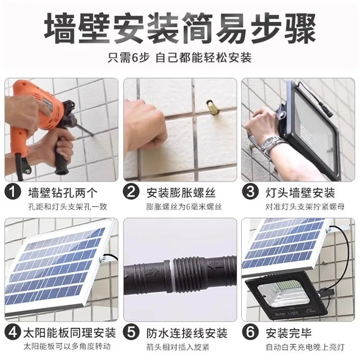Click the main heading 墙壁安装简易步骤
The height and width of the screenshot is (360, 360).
click(x=179, y=28)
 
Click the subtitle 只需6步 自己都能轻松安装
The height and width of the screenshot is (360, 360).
click(x=179, y=58)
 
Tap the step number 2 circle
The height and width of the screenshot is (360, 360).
click(x=132, y=193)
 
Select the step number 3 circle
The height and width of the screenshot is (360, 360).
click(x=250, y=193)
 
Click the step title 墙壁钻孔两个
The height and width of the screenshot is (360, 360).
click(x=62, y=193)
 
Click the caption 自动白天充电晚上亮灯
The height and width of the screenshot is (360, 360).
click(x=298, y=347)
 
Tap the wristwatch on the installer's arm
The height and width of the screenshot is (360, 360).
click(x=271, y=145)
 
